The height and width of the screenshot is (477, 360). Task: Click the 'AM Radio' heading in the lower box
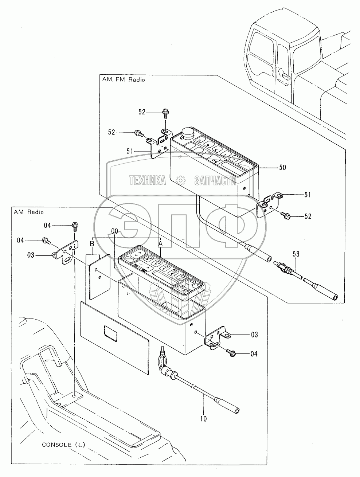coord(28,212)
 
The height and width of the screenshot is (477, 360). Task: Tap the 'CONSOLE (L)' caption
coord(63,445)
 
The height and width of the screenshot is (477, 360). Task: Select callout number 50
coord(282,168)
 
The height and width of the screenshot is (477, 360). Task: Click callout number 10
coord(203,419)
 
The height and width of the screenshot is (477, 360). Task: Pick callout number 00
coord(114,231)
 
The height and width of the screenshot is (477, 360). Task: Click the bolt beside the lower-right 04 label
coord(231,352)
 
